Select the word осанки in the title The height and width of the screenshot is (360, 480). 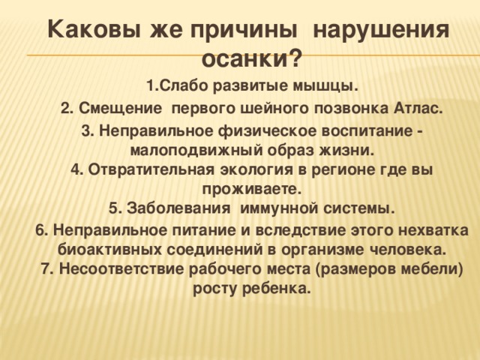click(x=244, y=58)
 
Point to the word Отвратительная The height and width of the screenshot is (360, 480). click(x=149, y=169)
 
